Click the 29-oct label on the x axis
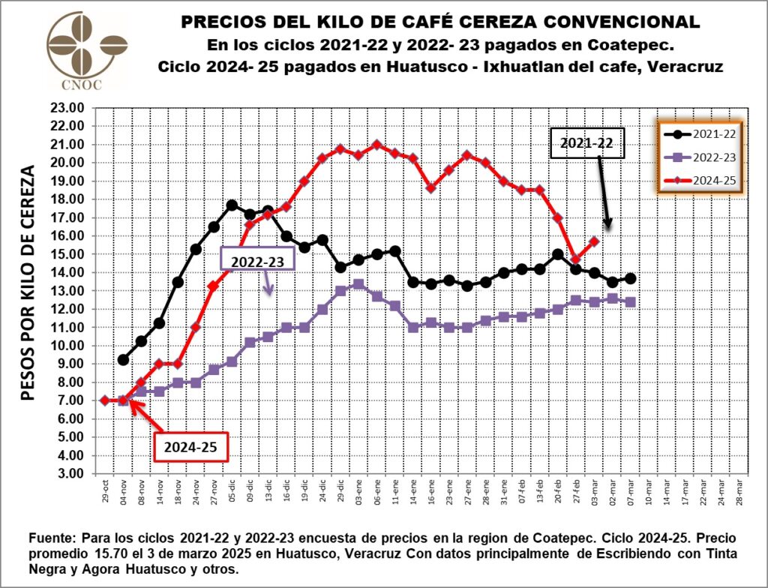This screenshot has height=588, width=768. [105, 489]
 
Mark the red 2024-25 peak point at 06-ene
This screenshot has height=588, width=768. [376, 145]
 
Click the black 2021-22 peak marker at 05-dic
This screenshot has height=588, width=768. [232, 205]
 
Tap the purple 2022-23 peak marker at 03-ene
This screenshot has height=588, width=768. [358, 284]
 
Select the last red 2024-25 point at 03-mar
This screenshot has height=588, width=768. [593, 241]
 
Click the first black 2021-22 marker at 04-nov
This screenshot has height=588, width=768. [123, 360]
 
